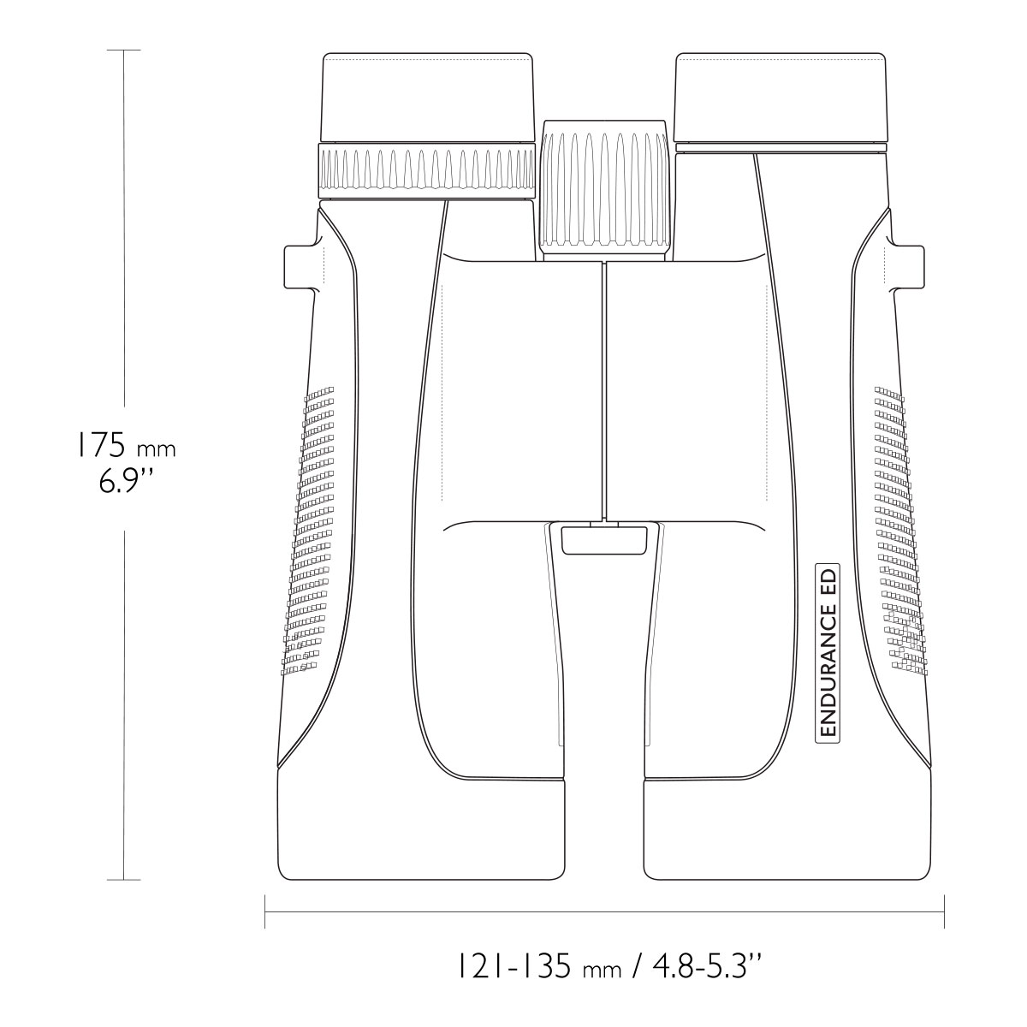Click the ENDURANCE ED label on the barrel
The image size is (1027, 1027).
(828, 652)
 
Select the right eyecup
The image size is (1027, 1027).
(781, 97)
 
